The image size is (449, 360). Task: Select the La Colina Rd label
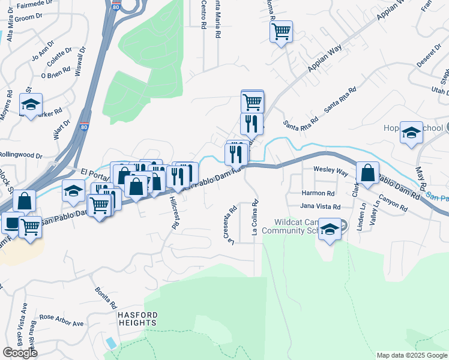click(255, 218)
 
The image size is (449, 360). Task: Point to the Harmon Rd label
click(318, 194)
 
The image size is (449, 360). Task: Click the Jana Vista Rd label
click(321, 206)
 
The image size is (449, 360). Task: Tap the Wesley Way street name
click(331, 171)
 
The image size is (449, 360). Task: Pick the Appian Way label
click(324, 61)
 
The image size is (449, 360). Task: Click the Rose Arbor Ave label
click(62, 320)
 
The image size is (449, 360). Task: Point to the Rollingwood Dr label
click(21, 155)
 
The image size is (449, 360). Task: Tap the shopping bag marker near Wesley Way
click(367, 173)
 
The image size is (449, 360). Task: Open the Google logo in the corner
click(20, 353)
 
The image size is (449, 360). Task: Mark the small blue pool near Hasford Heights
click(112, 343)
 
